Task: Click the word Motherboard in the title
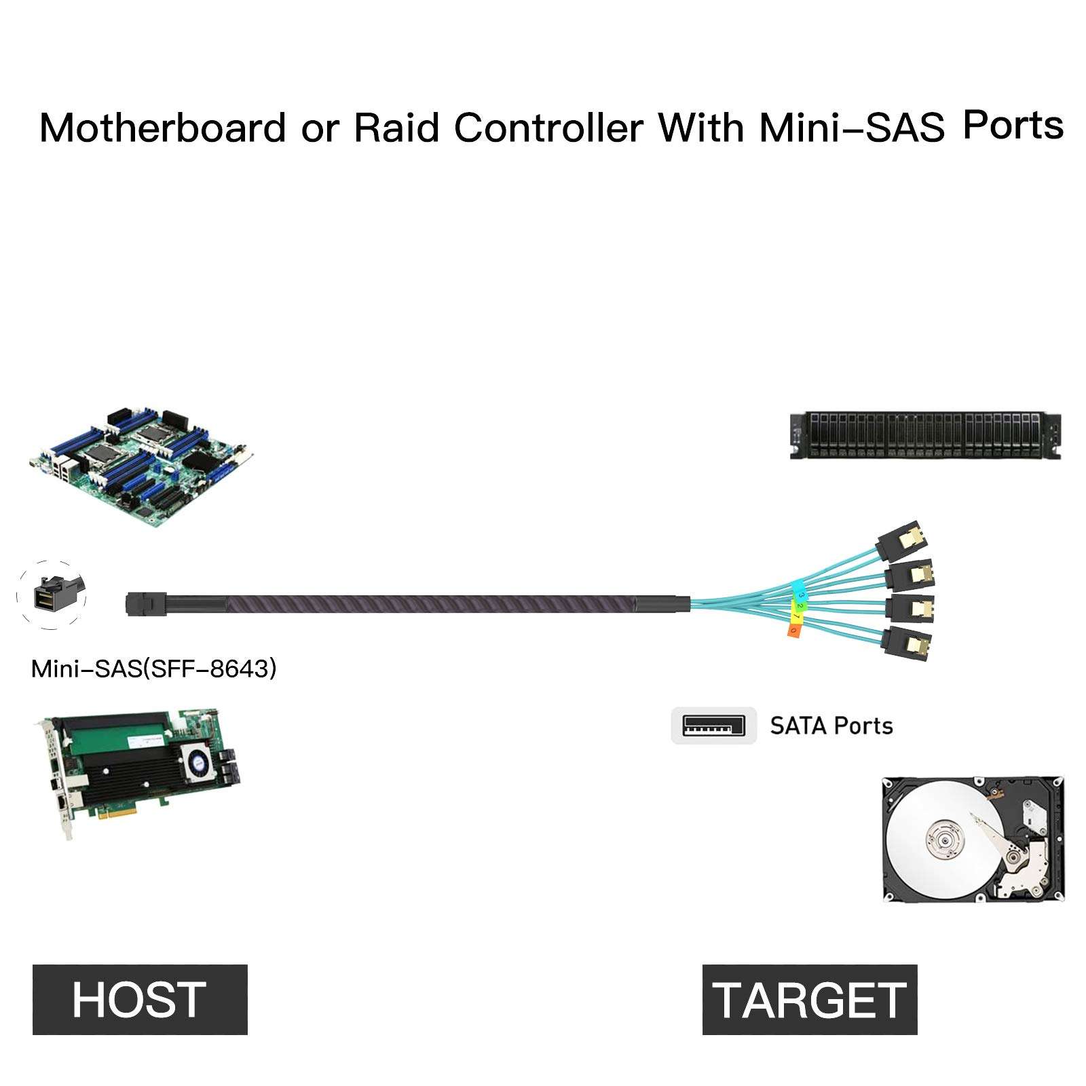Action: (162, 128)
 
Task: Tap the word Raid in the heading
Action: (396, 128)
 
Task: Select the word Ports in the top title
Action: (1013, 126)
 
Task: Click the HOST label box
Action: (140, 999)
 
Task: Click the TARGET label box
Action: (809, 999)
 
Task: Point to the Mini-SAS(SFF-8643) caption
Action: (154, 669)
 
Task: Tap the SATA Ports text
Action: (831, 726)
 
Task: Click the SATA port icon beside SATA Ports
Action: (713, 726)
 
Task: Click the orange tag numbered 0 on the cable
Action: (794, 631)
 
